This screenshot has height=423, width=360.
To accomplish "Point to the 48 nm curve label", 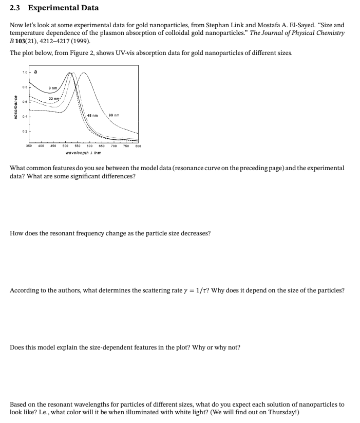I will click(x=92, y=115).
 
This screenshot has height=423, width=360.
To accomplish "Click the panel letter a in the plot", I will click(x=35, y=72).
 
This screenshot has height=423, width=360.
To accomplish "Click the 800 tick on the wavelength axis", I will click(x=138, y=146).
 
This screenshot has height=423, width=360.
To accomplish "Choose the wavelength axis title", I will click(x=83, y=153).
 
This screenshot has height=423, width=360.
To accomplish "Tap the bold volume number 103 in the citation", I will click(x=22, y=40).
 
